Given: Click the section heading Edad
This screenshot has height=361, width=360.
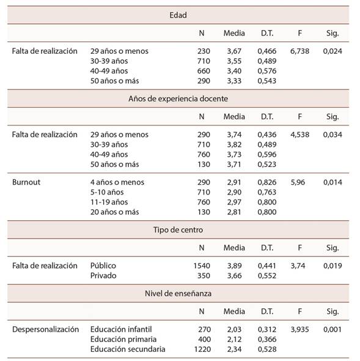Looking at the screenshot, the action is pyautogui.click(x=178, y=15).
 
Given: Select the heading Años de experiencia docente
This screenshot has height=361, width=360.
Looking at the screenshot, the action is pyautogui.click(x=178, y=99).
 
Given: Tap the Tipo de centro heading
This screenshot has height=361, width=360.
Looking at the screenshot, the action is pyautogui.click(x=178, y=230).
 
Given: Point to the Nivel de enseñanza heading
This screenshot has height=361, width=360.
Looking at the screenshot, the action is pyautogui.click(x=178, y=294).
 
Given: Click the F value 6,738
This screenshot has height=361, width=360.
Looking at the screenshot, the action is pyautogui.click(x=299, y=51).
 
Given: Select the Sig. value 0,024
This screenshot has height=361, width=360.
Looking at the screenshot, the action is pyautogui.click(x=332, y=51).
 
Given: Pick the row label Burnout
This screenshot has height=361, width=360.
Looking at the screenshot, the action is pyautogui.click(x=26, y=182).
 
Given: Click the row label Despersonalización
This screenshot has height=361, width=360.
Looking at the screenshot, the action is pyautogui.click(x=46, y=329).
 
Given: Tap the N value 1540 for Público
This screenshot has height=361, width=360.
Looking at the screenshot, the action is pyautogui.click(x=202, y=266).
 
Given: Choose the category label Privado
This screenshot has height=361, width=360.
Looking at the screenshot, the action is pyautogui.click(x=103, y=275).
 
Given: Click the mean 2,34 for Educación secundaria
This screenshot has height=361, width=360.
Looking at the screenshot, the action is pyautogui.click(x=234, y=349).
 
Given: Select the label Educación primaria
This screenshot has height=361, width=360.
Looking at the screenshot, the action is pyautogui.click(x=123, y=340).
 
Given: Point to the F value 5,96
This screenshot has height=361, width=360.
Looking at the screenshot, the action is pyautogui.click(x=298, y=182).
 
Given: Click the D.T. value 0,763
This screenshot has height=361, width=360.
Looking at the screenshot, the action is pyautogui.click(x=267, y=192).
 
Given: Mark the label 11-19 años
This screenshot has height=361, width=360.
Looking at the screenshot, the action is pyautogui.click(x=109, y=202).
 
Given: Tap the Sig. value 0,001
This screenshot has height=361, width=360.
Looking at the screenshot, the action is pyautogui.click(x=332, y=329).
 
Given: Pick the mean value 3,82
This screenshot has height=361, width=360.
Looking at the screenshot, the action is pyautogui.click(x=234, y=144).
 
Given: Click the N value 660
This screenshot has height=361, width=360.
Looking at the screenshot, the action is pyautogui.click(x=204, y=71).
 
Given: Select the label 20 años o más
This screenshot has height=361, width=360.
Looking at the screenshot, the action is pyautogui.click(x=114, y=212).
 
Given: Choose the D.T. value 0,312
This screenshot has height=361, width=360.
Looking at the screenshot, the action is pyautogui.click(x=267, y=329).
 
